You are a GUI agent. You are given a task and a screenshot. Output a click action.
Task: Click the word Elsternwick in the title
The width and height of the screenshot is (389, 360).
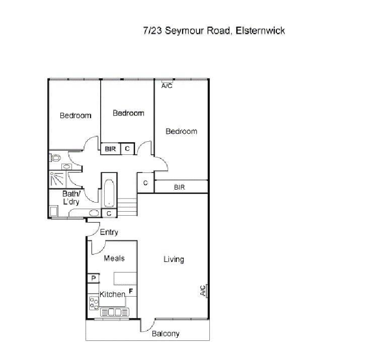point(260,31)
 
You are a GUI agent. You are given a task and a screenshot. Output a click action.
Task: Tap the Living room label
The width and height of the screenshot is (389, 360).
point(174,259)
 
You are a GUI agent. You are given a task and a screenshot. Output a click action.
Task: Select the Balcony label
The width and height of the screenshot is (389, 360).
point(166,334)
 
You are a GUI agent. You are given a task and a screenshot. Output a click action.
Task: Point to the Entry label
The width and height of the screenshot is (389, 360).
point(109,232)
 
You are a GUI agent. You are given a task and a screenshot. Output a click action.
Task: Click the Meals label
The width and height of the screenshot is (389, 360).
point(114,258)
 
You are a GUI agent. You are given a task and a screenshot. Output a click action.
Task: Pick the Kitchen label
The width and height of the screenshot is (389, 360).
point(112,294)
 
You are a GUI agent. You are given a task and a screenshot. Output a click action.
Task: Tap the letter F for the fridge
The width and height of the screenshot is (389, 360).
point(131,291)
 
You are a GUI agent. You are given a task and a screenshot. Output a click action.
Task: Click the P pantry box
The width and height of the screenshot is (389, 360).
point(94,278)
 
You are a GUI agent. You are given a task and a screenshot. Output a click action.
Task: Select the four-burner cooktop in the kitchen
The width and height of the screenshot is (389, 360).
point(94,303)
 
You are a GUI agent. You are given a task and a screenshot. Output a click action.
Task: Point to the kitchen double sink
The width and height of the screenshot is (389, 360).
point(115,312)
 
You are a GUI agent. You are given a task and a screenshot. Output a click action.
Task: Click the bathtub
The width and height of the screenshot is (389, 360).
point(109,193)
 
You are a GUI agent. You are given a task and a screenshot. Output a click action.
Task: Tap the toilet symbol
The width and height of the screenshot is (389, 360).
point(55,158)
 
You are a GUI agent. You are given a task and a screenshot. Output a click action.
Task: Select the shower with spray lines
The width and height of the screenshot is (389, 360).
point(56,179)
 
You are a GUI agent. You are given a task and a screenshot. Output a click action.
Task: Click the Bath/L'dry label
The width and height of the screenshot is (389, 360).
point(71,198)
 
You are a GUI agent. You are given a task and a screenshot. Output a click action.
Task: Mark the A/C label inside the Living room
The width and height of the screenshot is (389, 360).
point(203,291)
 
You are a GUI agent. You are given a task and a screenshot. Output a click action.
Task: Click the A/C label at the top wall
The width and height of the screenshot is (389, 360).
point(167,86)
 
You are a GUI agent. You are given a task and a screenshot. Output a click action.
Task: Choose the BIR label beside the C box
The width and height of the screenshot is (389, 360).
point(110,149)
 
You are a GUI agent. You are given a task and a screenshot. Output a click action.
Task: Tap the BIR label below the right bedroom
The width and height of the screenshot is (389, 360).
point(179,187)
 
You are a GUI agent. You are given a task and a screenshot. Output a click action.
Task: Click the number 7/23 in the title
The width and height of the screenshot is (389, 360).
point(152,31)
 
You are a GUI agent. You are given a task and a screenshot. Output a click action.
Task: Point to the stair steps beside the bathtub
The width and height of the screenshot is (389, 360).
point(127,207)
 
